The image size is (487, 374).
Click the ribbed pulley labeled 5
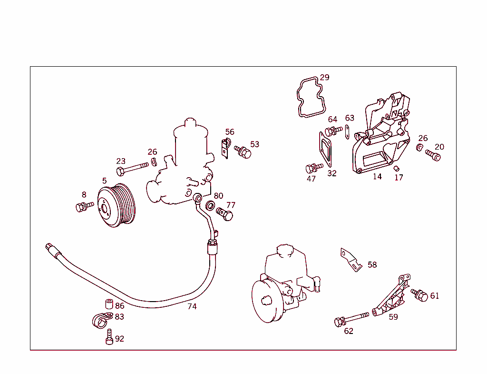(117, 205)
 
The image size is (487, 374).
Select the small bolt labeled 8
(84, 206)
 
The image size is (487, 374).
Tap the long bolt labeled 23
(131, 168)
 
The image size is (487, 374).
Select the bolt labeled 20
(433, 155)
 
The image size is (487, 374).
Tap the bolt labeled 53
(243, 152)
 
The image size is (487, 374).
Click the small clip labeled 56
(225, 147)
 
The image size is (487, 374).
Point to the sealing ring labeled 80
(210, 206)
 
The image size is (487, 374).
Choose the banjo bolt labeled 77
(225, 213)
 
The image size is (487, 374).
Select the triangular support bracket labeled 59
(391, 297)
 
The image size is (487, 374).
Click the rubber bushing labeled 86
(108, 304)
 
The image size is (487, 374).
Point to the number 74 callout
(192, 306)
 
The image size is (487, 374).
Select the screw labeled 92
(109, 337)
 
